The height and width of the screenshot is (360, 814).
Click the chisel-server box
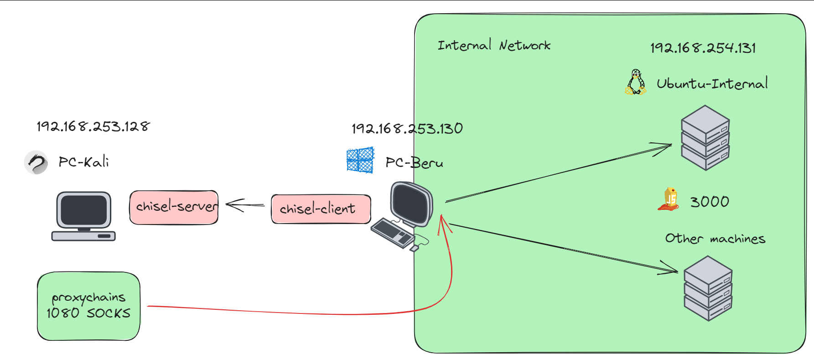pyautogui.click(x=174, y=208)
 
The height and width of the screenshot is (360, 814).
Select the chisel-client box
pyautogui.click(x=321, y=209)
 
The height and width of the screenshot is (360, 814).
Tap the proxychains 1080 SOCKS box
pyautogui.click(x=88, y=306)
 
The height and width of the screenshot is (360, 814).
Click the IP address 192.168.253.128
pyautogui.click(x=93, y=126)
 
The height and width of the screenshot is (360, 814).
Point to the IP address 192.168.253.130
pyautogui.click(x=407, y=129)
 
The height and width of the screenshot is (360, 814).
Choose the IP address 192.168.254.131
pyautogui.click(x=703, y=48)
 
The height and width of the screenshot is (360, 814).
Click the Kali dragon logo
pyautogui.click(x=36, y=162)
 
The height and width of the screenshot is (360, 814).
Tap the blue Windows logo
pyautogui.click(x=360, y=160)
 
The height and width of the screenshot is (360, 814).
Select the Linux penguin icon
pyautogui.click(x=636, y=82)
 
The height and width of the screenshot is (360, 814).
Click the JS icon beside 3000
pyautogui.click(x=669, y=199)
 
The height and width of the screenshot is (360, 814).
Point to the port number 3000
pyautogui.click(x=710, y=202)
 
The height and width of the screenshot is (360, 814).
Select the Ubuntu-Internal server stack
pyautogui.click(x=705, y=138)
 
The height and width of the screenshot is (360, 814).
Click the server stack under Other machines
pyautogui.click(x=708, y=288)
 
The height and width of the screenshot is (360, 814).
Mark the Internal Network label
pyautogui.click(x=494, y=46)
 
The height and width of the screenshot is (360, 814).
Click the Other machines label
pyautogui.click(x=715, y=239)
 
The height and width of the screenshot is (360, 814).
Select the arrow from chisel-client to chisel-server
pyautogui.click(x=245, y=205)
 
